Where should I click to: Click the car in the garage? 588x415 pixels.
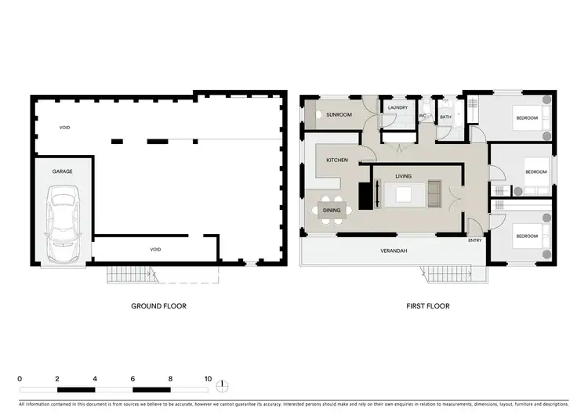(62, 224)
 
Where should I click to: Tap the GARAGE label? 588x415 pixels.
(63, 171)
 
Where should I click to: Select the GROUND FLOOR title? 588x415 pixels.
(158, 306)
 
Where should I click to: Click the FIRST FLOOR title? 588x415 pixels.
(427, 306)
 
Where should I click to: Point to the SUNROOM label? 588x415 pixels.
(339, 115)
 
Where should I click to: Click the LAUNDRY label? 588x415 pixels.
(397, 108)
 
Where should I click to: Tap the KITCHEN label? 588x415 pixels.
(337, 160)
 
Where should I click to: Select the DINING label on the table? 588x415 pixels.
(332, 210)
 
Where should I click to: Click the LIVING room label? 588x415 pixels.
(404, 176)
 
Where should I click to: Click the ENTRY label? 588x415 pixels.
(475, 240)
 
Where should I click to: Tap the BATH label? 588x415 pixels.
(445, 117)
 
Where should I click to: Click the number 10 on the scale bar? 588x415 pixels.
(208, 378)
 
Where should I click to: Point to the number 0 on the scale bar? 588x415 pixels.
(20, 378)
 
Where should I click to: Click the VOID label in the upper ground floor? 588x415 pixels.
(64, 126)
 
